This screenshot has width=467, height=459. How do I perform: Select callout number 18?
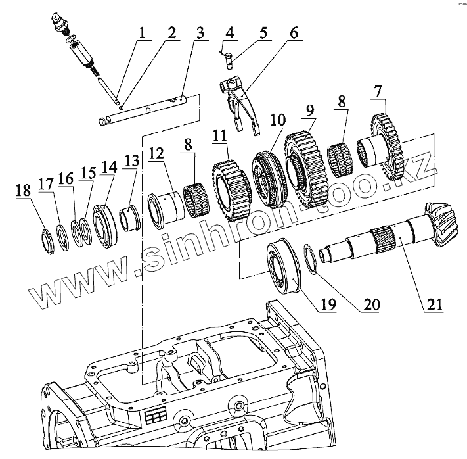click(x=22, y=191)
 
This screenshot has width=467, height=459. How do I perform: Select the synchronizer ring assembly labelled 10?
click(x=268, y=178)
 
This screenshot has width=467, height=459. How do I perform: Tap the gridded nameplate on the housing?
click(x=157, y=417)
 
